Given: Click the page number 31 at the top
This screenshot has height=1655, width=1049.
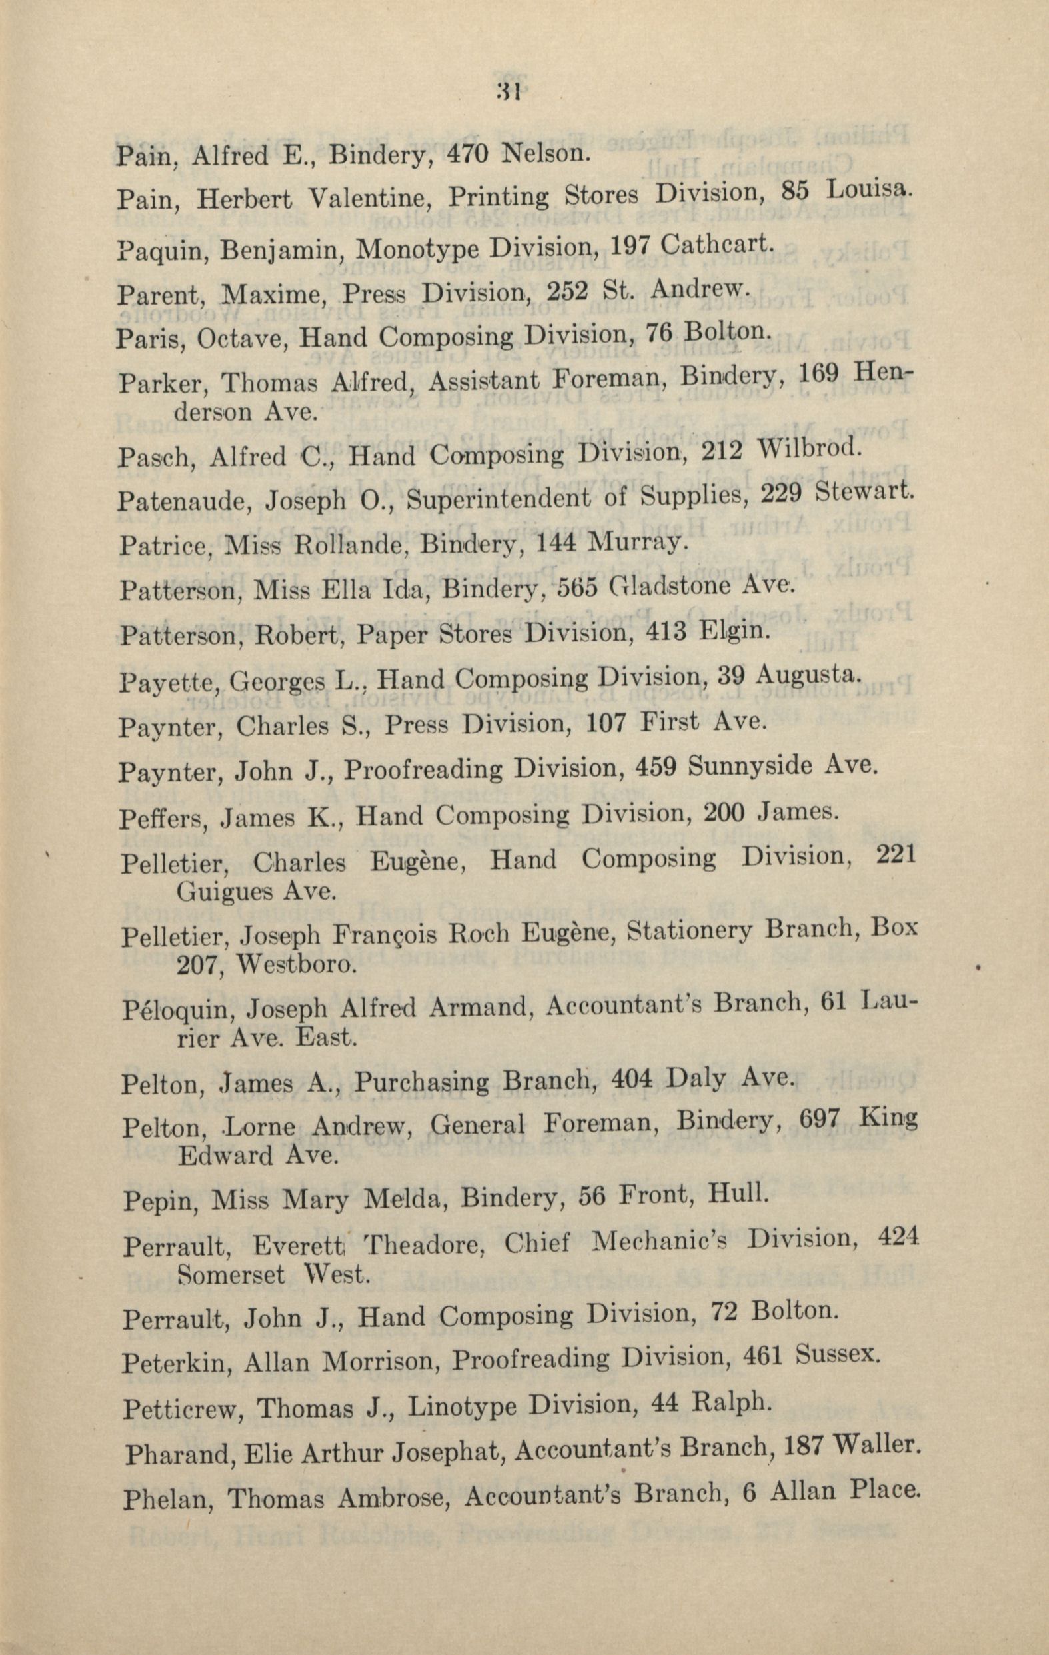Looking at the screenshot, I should click(x=509, y=91).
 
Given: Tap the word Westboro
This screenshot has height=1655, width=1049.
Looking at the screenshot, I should click(x=296, y=966).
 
